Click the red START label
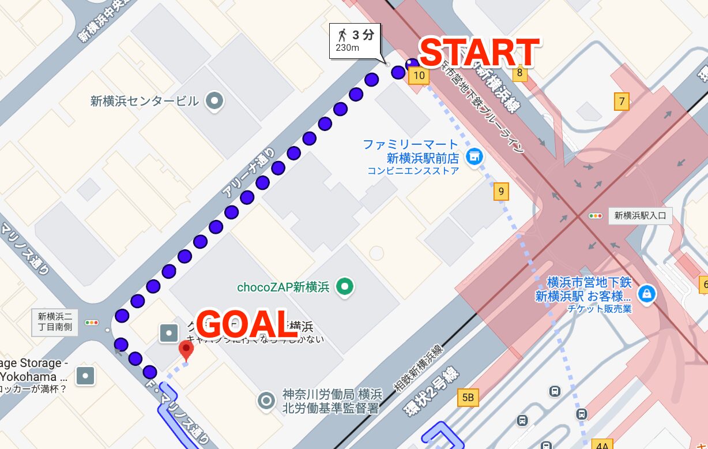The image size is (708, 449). (x=479, y=53)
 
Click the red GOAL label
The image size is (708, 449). (x=246, y=324)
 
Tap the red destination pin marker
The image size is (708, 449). (x=186, y=350)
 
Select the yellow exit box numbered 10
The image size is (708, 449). (x=419, y=75)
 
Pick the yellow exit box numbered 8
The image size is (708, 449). (x=519, y=73)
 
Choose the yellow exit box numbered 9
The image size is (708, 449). (x=501, y=192)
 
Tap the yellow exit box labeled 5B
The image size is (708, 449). (x=468, y=397)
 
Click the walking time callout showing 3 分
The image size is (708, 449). (x=355, y=40)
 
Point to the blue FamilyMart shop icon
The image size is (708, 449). (x=474, y=155)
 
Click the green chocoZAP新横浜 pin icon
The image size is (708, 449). (x=345, y=286)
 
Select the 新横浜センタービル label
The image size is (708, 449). (x=144, y=102)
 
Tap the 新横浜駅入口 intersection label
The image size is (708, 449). (x=639, y=216)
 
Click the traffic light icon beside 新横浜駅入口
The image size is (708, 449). (x=595, y=216)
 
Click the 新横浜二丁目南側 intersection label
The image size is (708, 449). (x=55, y=321)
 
